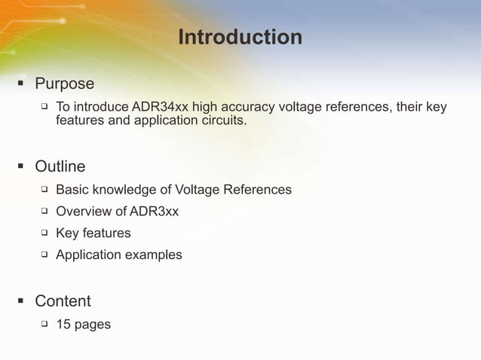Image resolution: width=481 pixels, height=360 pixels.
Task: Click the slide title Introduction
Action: pyautogui.click(x=240, y=37)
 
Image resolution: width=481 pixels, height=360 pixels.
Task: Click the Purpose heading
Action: pyautogui.click(x=64, y=84)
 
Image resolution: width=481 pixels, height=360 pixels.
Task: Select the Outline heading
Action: pyautogui.click(x=60, y=166)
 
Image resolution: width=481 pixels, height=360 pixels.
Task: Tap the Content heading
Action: pyautogui.click(x=63, y=301)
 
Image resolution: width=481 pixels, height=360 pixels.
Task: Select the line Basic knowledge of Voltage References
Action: pyautogui.click(x=173, y=190)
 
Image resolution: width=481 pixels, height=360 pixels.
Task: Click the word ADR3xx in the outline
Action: pyautogui.click(x=154, y=212)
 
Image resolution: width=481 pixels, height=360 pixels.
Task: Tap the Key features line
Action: pyautogui.click(x=93, y=233)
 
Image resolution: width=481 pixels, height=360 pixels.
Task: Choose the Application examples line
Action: pyautogui.click(x=118, y=255)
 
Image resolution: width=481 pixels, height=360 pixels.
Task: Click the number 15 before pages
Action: pyautogui.click(x=63, y=325)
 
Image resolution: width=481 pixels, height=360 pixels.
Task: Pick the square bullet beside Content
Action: pyautogui.click(x=21, y=302)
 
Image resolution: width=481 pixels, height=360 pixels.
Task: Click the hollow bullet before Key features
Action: pyautogui.click(x=44, y=233)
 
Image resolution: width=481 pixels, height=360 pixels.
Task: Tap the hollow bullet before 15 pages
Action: pyautogui.click(x=44, y=325)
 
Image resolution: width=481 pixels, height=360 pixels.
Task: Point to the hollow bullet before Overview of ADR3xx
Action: pyautogui.click(x=44, y=212)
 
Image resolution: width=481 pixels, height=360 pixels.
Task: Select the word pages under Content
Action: pyautogui.click(x=92, y=325)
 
